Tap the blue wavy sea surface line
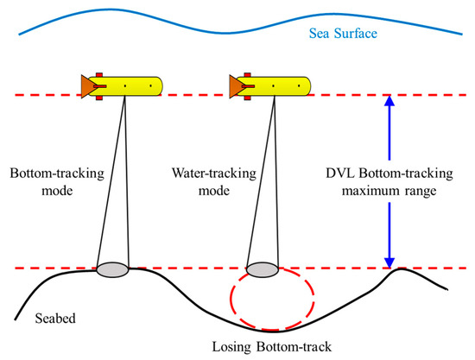point(216,22)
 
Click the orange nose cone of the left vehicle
point(86,85)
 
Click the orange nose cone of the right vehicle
point(234,85)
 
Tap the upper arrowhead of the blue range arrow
point(388,101)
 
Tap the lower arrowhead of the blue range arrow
point(388,260)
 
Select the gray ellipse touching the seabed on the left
point(112,270)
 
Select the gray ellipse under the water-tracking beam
point(262,270)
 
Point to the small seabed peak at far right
point(398,271)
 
